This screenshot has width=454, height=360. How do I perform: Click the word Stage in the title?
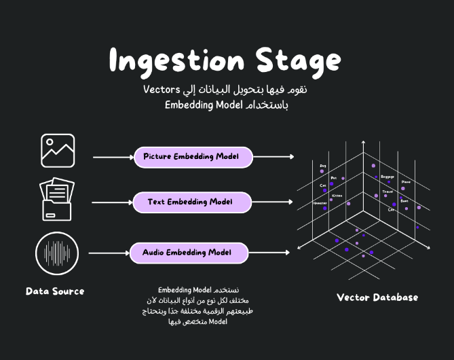(x=299, y=61)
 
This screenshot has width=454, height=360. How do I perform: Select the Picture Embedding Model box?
(x=193, y=157)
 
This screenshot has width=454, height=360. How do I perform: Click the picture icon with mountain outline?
(x=58, y=151)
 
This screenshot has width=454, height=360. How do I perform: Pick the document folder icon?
(x=58, y=199)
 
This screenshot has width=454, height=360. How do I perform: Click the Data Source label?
(x=55, y=291)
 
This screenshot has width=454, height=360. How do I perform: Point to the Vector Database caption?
(x=377, y=298)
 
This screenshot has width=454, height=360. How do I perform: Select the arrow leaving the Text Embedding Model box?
(x=273, y=202)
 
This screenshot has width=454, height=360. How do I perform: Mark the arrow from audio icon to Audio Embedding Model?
(x=109, y=253)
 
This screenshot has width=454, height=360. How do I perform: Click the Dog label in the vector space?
(x=323, y=166)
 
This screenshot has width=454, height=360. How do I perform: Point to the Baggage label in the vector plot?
(x=387, y=177)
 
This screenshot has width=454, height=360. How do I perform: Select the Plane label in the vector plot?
(x=406, y=182)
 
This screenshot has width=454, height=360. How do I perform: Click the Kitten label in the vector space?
(x=337, y=196)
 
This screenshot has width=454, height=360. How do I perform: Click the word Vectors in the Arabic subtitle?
(x=162, y=90)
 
